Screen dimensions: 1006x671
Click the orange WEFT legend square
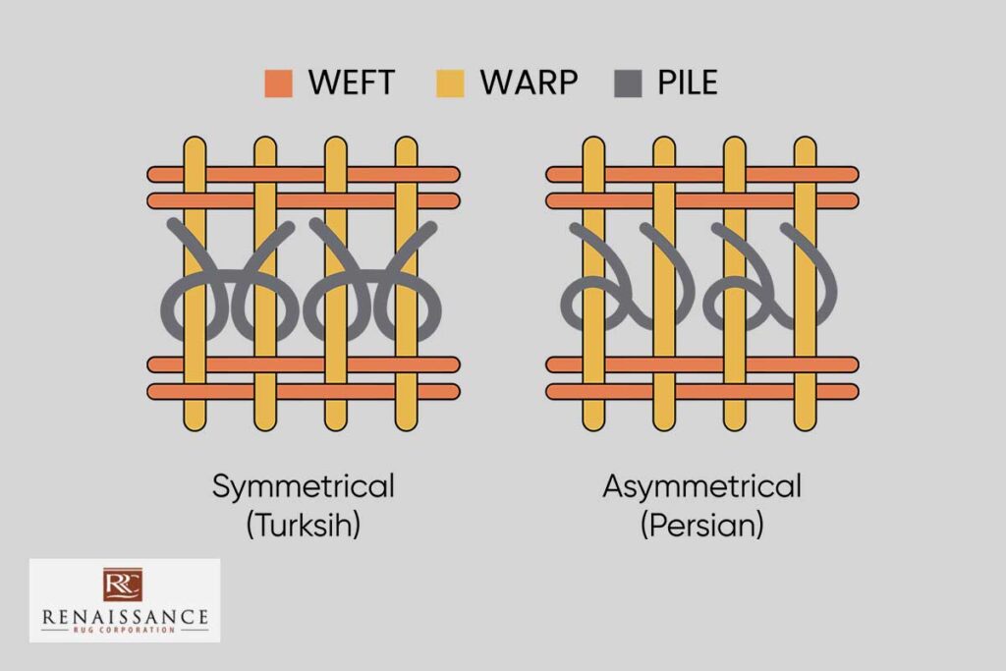click(278, 84)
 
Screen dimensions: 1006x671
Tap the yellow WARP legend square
click(450, 84)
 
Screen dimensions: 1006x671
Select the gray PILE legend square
click(628, 84)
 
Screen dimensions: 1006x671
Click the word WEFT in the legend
click(351, 83)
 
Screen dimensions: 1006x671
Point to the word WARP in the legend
click(529, 83)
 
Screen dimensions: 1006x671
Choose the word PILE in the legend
click(687, 83)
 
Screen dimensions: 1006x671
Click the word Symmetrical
click(303, 487)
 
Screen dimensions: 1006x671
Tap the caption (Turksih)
click(303, 526)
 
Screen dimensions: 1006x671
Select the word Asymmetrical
click(701, 487)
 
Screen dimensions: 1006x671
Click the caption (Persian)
click(701, 526)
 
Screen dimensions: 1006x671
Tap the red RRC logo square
click(123, 585)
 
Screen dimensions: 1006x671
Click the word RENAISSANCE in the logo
click(125, 617)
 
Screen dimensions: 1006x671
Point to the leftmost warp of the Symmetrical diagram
click(195, 284)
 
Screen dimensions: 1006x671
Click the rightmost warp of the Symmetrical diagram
click(406, 284)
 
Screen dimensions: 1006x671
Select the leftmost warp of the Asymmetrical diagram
click(593, 284)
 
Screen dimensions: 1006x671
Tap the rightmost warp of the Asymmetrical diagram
click(806, 284)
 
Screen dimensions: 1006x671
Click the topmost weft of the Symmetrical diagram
click(304, 175)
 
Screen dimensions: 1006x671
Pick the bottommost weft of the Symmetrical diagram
click(304, 392)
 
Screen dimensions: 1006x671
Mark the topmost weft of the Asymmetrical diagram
click(702, 175)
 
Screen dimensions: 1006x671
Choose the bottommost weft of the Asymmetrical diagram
click(702, 392)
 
